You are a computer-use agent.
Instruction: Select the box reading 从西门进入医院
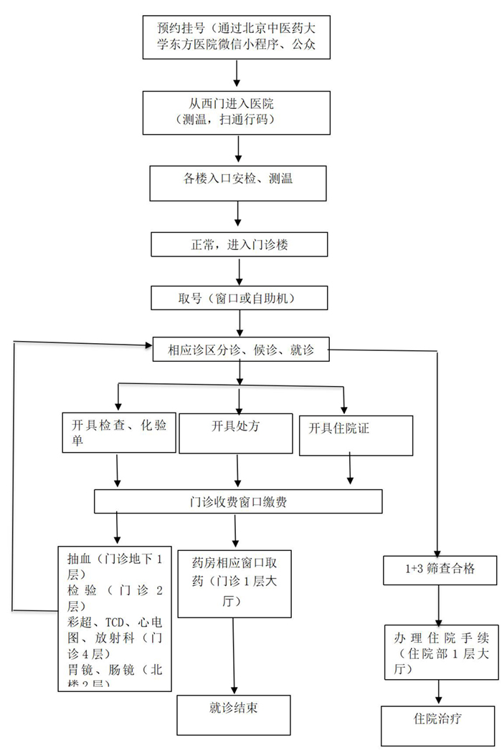[236, 112]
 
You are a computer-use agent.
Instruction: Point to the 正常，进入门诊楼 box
[238, 244]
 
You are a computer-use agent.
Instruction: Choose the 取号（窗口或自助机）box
[238, 297]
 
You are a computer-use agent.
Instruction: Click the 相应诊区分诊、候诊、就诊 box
[240, 351]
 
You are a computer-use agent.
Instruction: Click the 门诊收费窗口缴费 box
[238, 501]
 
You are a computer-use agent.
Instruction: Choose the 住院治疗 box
[438, 723]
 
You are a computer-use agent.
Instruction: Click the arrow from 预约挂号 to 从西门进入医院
[236, 74]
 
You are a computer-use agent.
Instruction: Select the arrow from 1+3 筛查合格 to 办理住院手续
[439, 607]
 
